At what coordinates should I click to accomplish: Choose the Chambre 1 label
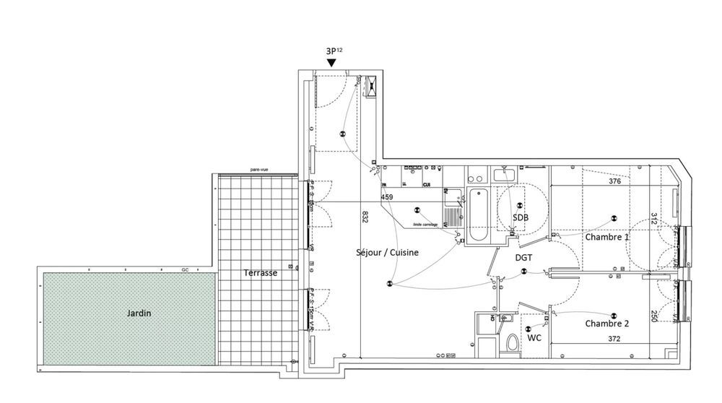pyautogui.click(x=606, y=237)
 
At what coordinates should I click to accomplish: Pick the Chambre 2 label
pyautogui.click(x=606, y=324)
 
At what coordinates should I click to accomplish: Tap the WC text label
pyautogui.click(x=534, y=337)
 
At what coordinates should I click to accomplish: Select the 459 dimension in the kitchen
pyautogui.click(x=387, y=196)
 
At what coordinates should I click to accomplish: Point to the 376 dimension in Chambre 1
pyautogui.click(x=614, y=182)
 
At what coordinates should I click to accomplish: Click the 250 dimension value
pyautogui.click(x=653, y=314)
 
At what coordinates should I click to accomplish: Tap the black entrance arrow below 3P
pyautogui.click(x=331, y=64)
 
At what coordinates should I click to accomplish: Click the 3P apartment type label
pyautogui.click(x=334, y=51)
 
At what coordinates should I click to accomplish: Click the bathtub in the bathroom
pyautogui.click(x=477, y=215)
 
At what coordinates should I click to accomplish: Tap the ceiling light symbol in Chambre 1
pyautogui.click(x=614, y=218)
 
